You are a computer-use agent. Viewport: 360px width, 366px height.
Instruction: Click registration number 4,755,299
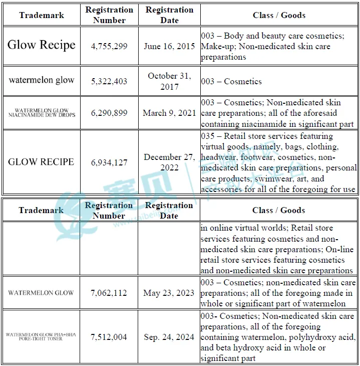[x=109, y=46]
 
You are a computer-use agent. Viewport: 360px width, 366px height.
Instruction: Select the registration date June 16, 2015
[x=169, y=46]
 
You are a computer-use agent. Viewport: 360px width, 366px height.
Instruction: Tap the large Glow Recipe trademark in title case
[x=42, y=45]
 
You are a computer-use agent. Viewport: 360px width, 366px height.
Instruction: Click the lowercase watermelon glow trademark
[x=42, y=80]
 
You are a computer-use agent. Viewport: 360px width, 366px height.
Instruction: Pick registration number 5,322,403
[x=109, y=81]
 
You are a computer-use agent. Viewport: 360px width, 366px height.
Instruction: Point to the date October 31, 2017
[x=169, y=81]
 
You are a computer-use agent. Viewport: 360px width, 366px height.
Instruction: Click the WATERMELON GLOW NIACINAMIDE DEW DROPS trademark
[x=42, y=113]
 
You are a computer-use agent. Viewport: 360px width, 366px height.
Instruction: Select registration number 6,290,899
[x=109, y=113]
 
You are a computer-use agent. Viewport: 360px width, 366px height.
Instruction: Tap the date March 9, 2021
[x=169, y=113]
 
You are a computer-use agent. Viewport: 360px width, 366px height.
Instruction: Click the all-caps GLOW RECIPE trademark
[x=41, y=162]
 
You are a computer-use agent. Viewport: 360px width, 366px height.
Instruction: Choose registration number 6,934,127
[x=109, y=162]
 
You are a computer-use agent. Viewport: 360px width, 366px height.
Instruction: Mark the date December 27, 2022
[x=169, y=162]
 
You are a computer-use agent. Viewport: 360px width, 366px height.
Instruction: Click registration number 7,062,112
[x=109, y=293]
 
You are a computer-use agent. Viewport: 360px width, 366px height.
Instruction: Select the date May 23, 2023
[x=169, y=293]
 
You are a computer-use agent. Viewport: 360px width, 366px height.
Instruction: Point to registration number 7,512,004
[x=109, y=337]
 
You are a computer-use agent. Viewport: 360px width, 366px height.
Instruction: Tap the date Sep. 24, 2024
[x=169, y=337]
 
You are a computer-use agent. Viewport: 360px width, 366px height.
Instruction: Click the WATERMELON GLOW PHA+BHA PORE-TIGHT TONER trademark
[x=42, y=336]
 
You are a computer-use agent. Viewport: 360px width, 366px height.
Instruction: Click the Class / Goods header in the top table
[x=278, y=15]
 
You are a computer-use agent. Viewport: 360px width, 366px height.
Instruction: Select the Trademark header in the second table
[x=42, y=211]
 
